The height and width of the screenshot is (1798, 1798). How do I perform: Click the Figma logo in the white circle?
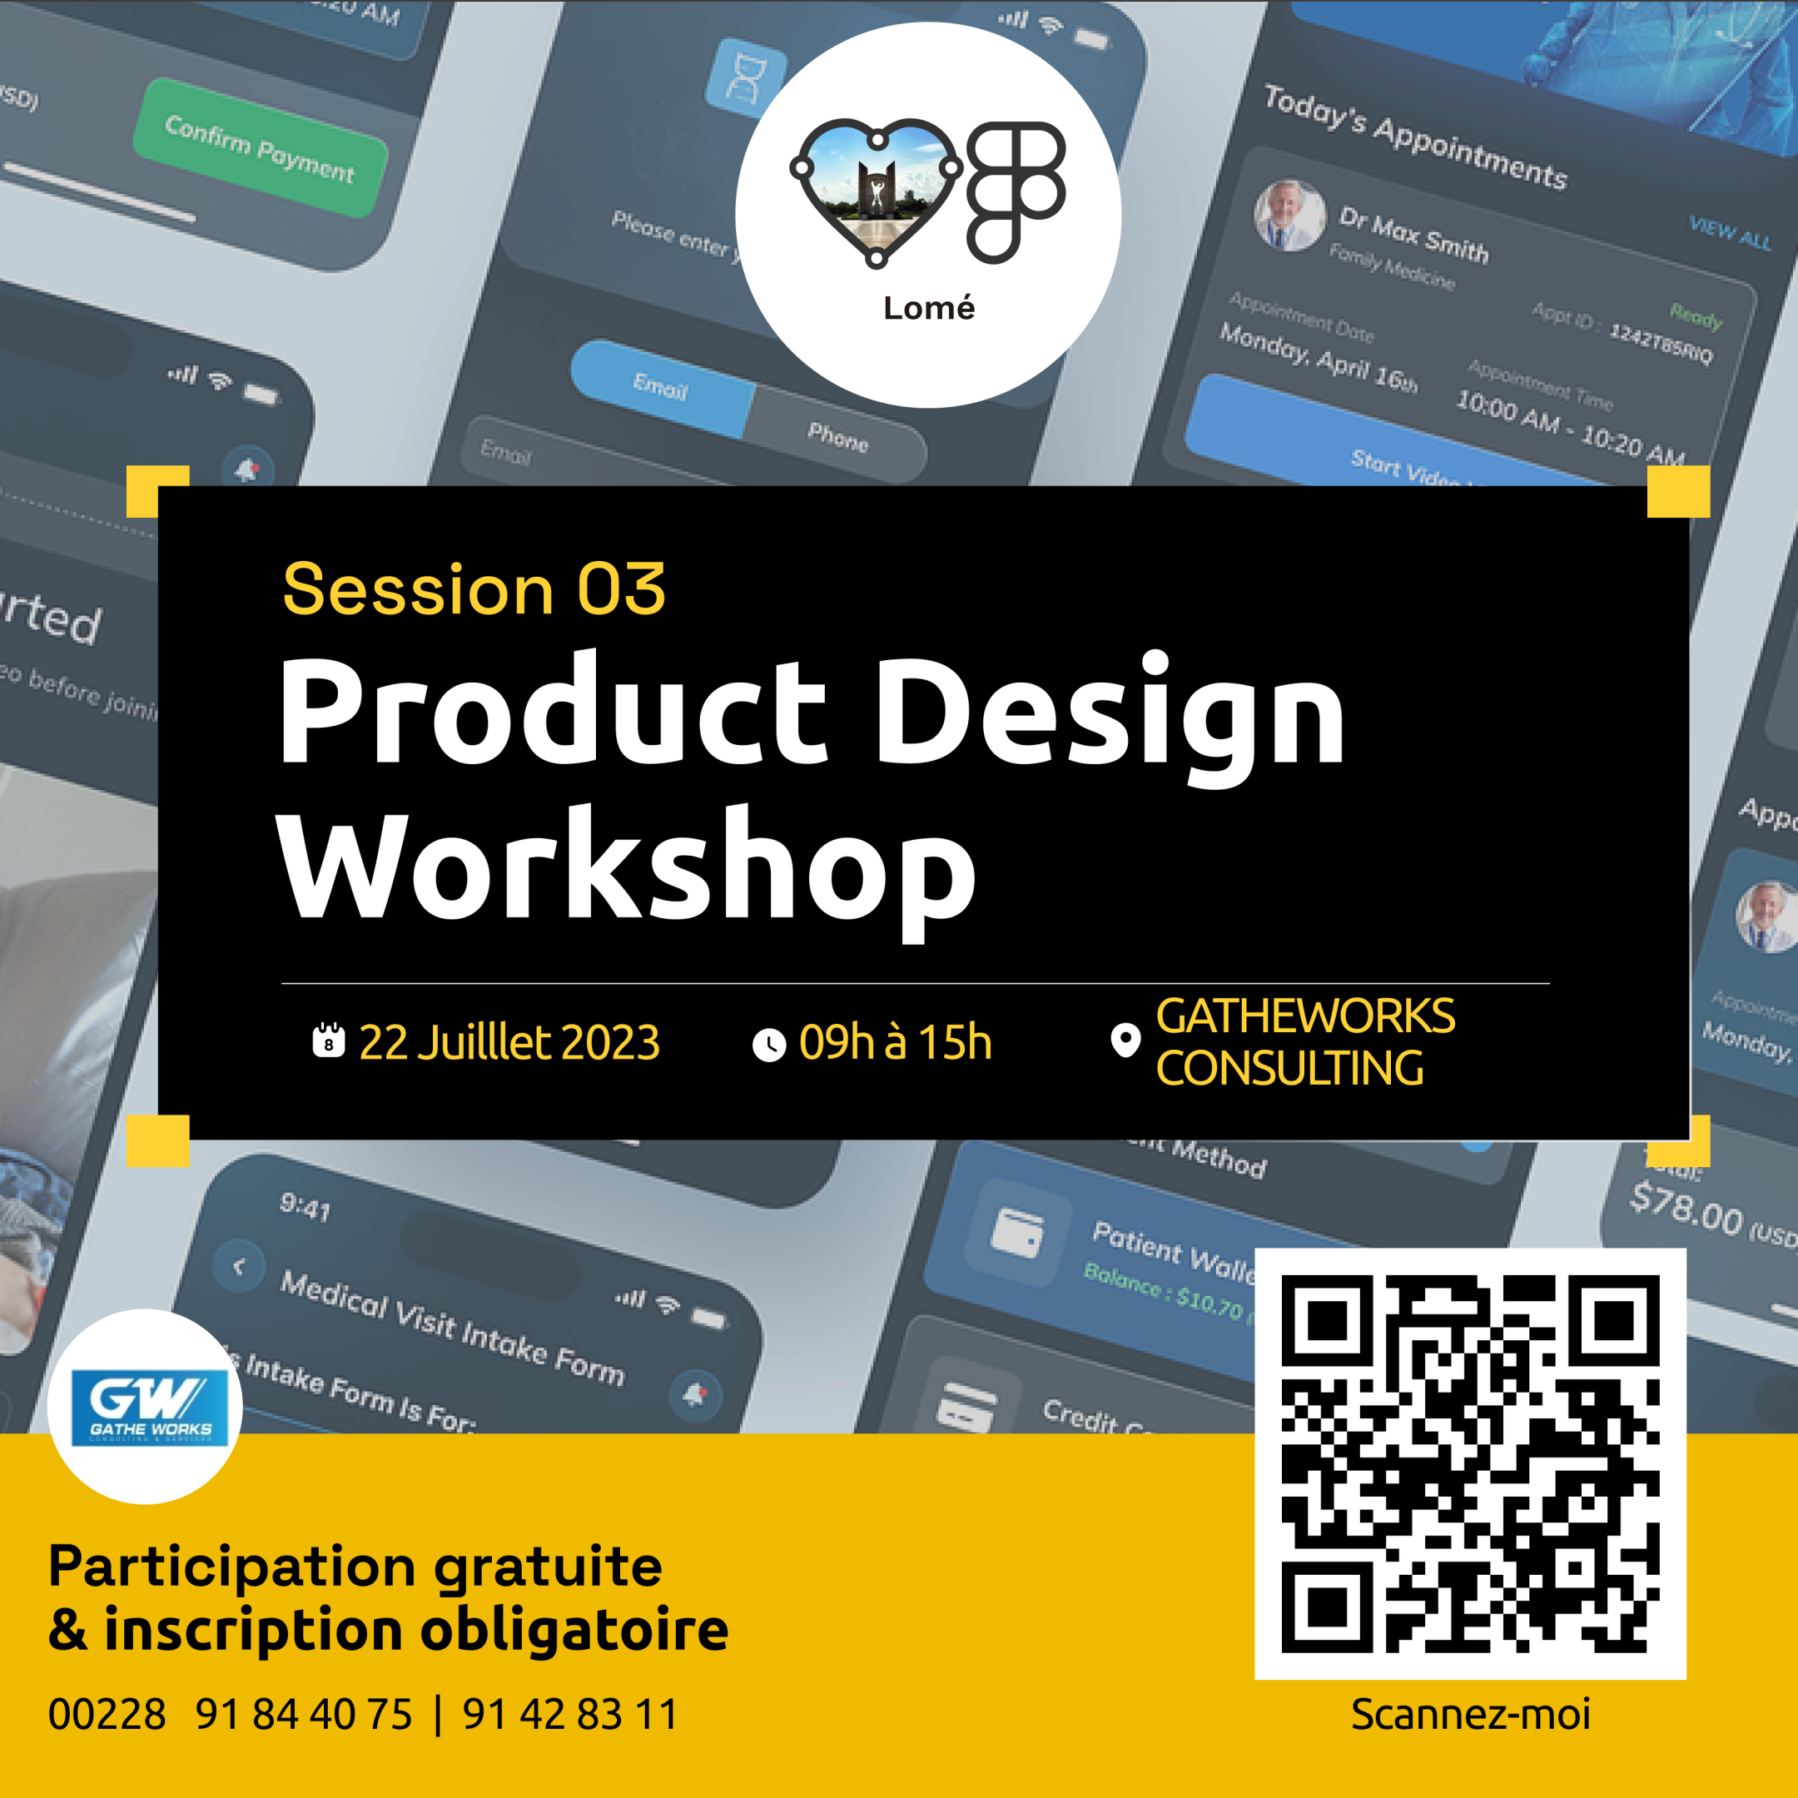pos(1016,191)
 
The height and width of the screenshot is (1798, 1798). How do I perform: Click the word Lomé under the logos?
pos(929,308)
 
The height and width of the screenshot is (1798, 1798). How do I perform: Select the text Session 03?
pos(474,589)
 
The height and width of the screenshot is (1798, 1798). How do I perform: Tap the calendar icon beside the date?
pos(328,1041)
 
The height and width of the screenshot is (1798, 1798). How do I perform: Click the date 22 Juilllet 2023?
pos(509,1042)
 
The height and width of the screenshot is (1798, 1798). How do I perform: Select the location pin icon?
pos(1125,1040)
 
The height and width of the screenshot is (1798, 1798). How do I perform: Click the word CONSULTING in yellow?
pos(1289,1068)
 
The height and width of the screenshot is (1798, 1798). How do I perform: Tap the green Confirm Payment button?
pos(260,148)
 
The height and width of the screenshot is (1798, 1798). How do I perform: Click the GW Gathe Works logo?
pos(149,1405)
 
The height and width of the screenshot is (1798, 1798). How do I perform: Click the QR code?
pos(1469,1463)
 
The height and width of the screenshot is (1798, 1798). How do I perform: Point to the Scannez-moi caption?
pos(1470,1714)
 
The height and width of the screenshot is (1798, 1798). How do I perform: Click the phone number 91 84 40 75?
pos(303,1715)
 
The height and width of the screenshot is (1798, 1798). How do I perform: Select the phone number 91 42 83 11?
pos(569,1715)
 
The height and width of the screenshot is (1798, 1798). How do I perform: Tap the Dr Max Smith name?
pos(1413,235)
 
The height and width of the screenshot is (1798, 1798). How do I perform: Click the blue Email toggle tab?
pos(660,385)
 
